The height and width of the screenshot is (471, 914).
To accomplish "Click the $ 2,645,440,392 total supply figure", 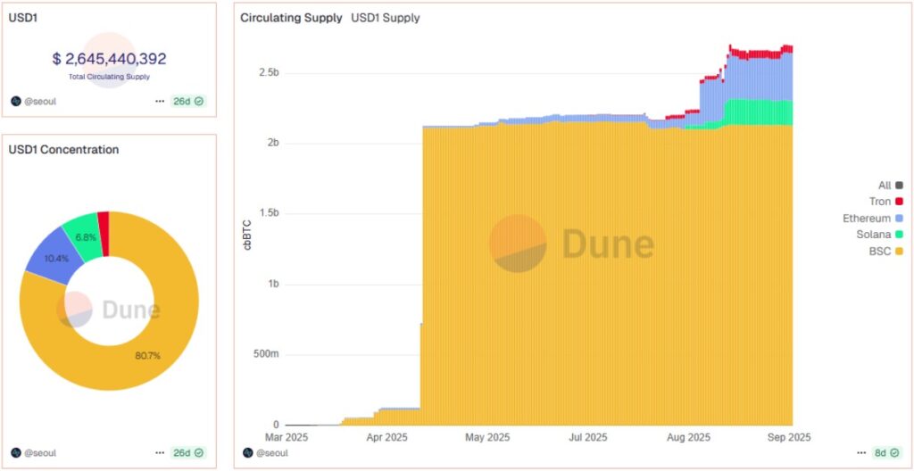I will coord(109,59).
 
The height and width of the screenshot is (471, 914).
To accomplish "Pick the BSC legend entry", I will coord(879,252).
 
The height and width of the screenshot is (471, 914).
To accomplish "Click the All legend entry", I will coord(885,186).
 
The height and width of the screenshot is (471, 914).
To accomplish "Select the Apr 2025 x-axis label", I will coord(386,438).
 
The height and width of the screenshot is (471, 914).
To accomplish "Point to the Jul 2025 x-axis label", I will coord(588,438).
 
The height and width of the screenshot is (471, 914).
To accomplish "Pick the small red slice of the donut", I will coord(104,220).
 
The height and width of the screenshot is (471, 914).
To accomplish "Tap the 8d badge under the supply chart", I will coord(885,452).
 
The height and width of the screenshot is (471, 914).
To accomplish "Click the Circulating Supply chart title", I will coord(291,18).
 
